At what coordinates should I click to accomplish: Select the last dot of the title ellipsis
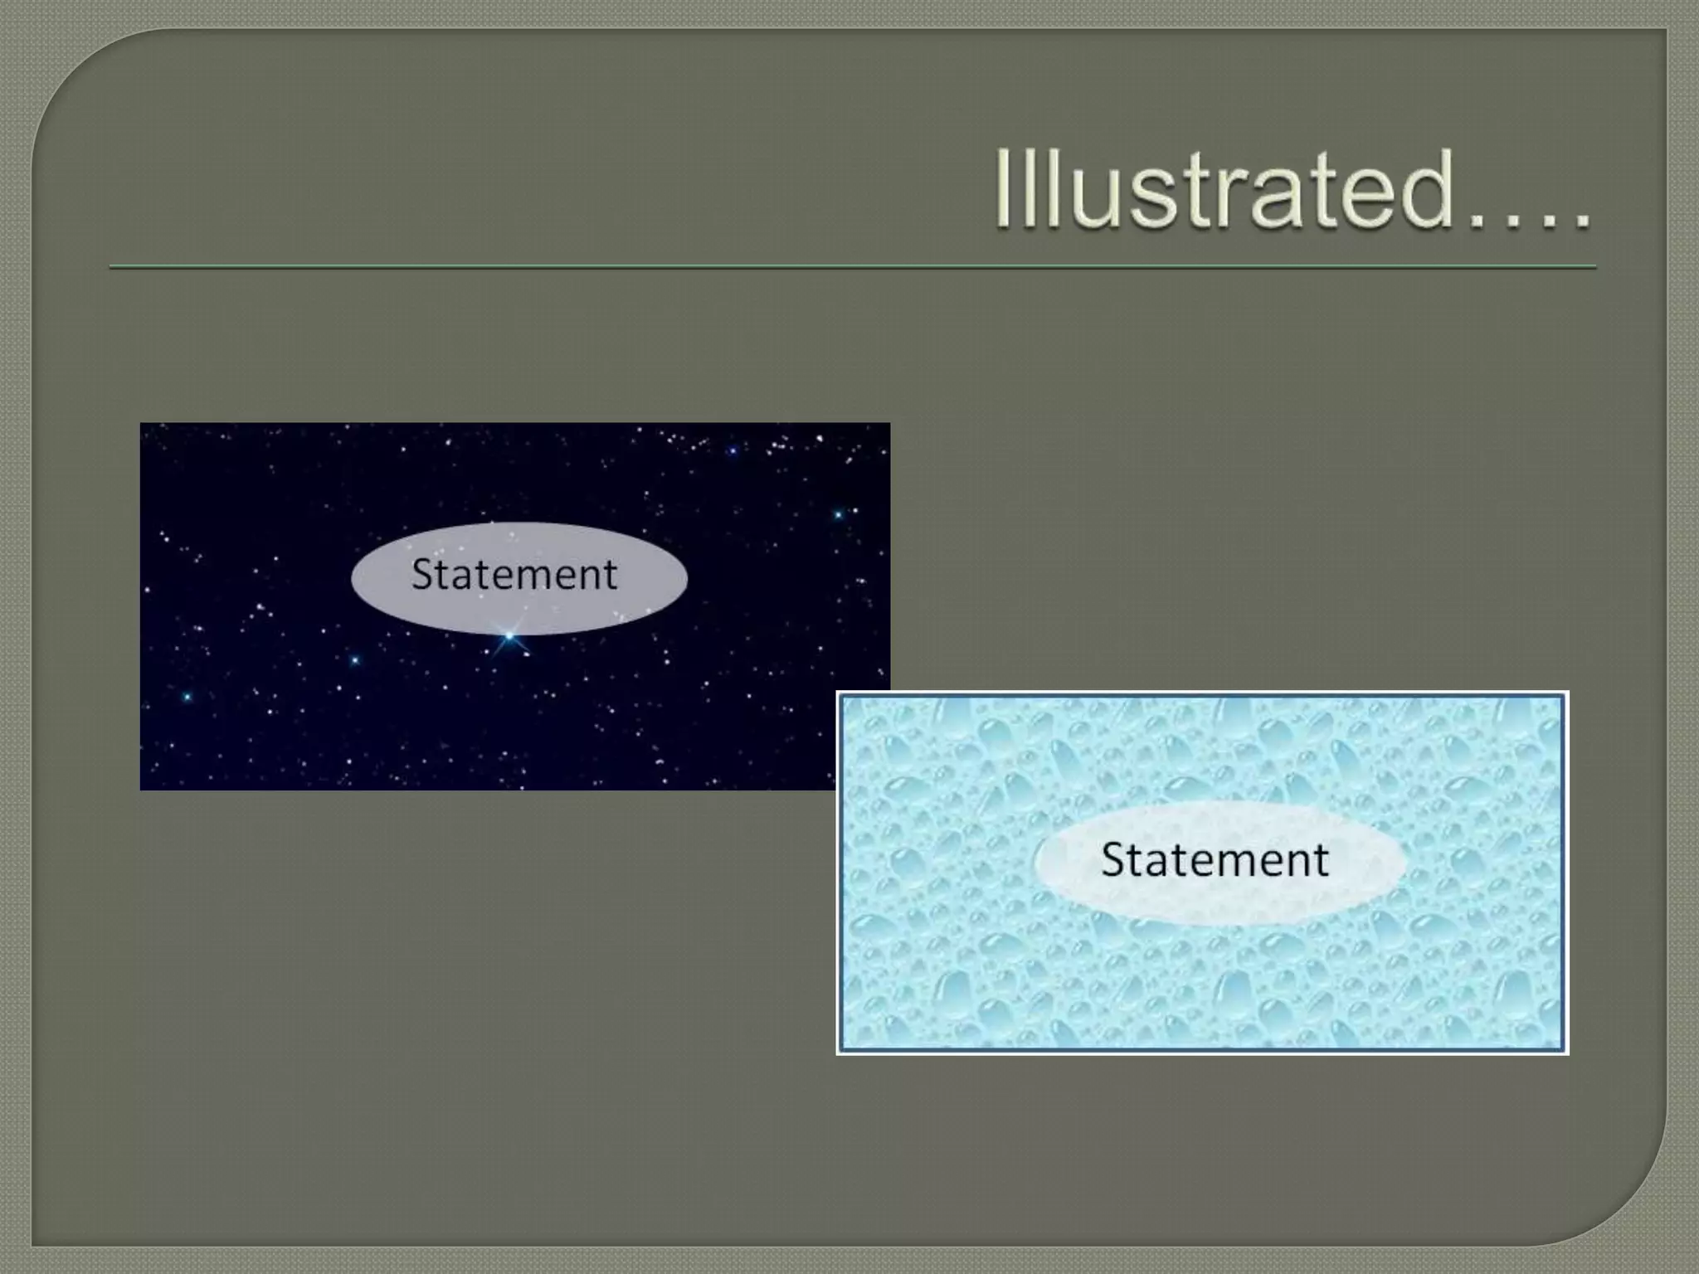(1581, 221)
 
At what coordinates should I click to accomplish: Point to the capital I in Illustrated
(1005, 188)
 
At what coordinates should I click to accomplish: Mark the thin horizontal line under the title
(852, 267)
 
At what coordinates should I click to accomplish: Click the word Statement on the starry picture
(514, 574)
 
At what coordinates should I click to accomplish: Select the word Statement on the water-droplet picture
(1215, 859)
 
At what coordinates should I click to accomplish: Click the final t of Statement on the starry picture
(611, 575)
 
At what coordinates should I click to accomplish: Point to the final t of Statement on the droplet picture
(1321, 860)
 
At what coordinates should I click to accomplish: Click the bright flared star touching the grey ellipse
(509, 636)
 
